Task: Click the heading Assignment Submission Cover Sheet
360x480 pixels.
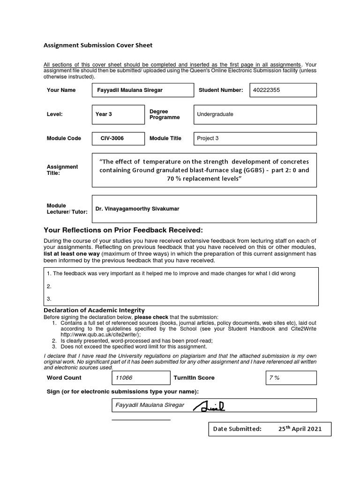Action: coord(98,45)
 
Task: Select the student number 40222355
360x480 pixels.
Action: coord(266,90)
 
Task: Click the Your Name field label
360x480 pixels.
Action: coord(61,90)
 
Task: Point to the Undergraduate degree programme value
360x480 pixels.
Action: coord(215,114)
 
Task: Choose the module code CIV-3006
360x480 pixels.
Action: coord(112,138)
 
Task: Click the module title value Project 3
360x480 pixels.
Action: coord(208,138)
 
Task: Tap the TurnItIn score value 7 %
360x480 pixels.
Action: coord(274,378)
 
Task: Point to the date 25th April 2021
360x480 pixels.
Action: coord(300,429)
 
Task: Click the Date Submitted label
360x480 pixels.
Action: coord(237,429)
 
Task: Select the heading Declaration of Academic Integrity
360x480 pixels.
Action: coord(94,310)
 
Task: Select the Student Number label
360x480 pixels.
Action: coord(221,90)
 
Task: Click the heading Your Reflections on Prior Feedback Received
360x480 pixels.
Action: coord(123,230)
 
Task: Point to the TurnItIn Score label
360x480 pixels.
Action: coord(194,378)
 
